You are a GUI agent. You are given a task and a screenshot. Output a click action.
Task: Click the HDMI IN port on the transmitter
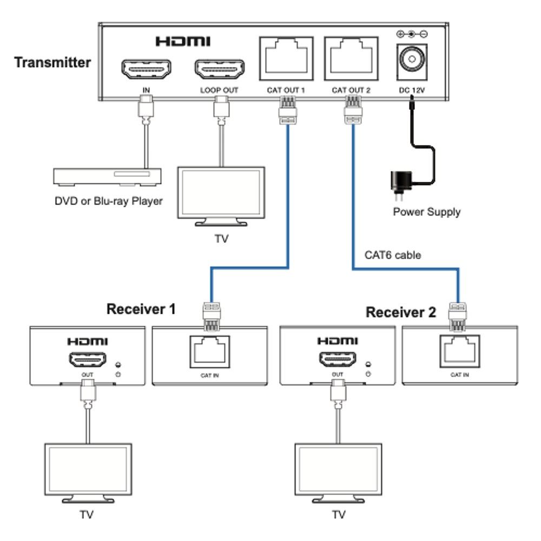coord(146,69)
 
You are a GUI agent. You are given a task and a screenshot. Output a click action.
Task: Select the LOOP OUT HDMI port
coord(220,69)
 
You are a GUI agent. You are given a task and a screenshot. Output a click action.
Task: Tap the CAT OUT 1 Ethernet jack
coord(286,58)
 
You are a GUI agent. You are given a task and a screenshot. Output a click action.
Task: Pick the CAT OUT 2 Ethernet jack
coord(351,58)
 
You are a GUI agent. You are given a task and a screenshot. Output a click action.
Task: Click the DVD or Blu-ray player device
coord(107,177)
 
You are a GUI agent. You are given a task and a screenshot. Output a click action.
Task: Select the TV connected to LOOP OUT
coord(221,196)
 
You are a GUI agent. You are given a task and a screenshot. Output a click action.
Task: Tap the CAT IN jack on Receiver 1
coord(210,352)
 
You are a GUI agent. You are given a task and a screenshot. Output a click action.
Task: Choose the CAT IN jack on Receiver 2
coord(459,351)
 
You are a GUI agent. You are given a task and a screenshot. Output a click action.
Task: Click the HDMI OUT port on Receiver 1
coord(88,360)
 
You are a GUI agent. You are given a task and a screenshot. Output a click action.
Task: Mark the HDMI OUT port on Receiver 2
coord(338,359)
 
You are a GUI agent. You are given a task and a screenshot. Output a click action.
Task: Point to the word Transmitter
coord(52,62)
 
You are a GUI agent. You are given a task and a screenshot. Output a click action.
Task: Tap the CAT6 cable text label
coord(393,255)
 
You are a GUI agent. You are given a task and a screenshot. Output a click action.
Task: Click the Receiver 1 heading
coord(141,309)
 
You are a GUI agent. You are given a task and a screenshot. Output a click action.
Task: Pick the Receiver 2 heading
coord(401,312)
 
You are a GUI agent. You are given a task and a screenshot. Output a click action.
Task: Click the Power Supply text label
coord(427,212)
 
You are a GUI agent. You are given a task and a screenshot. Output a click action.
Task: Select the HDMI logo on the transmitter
coord(183,42)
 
